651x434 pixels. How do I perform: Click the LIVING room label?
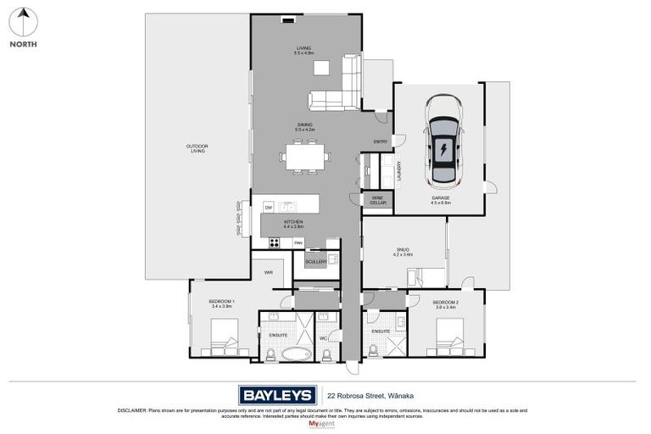tap(303, 48)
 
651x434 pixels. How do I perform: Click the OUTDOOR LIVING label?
tap(197, 148)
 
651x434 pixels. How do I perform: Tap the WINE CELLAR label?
tap(378, 201)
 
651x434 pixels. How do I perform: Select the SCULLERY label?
tap(316, 263)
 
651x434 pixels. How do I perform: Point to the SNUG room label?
tap(402, 250)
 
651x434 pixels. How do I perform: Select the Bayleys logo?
tap(277, 394)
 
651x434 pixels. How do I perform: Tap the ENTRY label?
tap(381, 141)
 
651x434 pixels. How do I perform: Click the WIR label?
tap(268, 272)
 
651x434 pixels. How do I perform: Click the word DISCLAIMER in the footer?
tap(133, 410)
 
